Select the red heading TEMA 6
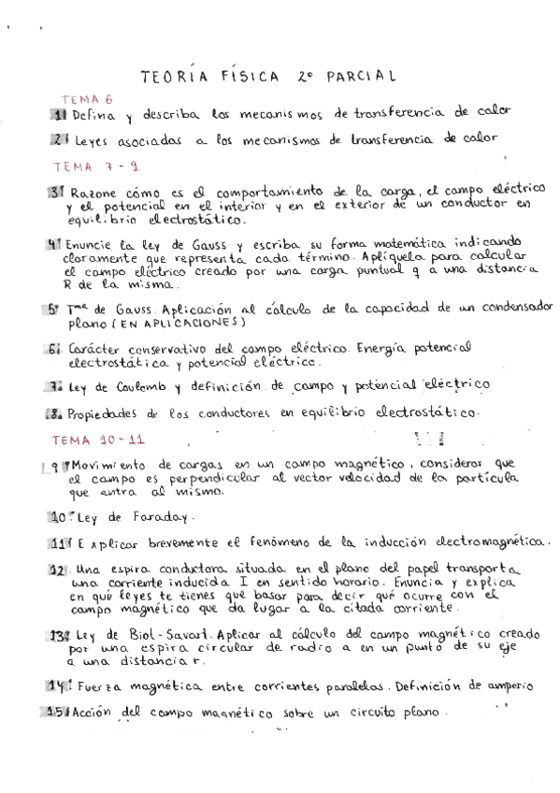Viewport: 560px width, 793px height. [87, 97]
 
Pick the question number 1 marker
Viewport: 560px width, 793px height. [58, 113]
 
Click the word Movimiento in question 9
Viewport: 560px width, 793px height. [110, 465]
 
